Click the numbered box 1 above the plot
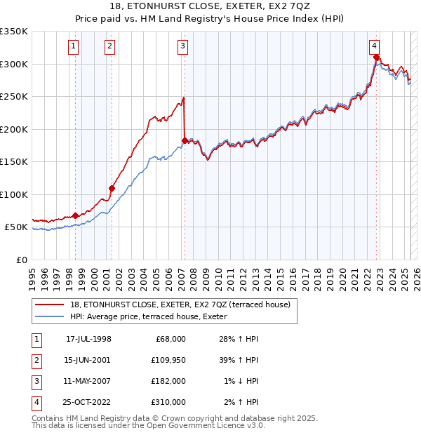tap(74, 47)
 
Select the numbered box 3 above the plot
tap(182, 47)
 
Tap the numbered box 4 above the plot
tap(375, 47)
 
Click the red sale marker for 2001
tap(112, 188)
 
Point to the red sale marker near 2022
tap(377, 58)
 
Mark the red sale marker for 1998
tap(76, 215)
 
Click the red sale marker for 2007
tap(185, 141)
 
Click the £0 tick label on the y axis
tap(21, 260)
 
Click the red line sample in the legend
tap(50, 304)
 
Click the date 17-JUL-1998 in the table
tap(88, 339)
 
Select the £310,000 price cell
tap(168, 402)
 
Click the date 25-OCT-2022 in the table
tap(88, 402)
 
